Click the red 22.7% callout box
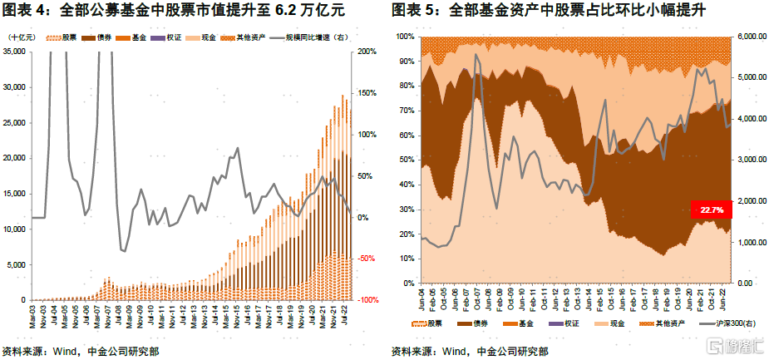(x=711, y=210)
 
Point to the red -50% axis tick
(x=366, y=259)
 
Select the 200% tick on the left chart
(x=367, y=52)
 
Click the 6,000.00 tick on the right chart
(x=752, y=37)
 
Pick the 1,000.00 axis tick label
(x=752, y=243)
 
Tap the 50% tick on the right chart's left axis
(x=404, y=160)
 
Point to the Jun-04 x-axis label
(x=422, y=298)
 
